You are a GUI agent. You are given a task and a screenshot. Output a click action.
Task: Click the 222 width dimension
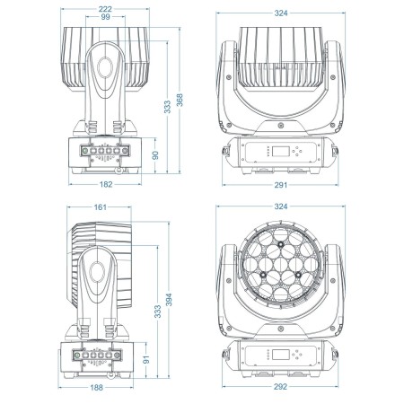click(105, 9)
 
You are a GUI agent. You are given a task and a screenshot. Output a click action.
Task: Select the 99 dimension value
click(105, 17)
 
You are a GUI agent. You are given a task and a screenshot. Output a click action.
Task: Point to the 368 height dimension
click(180, 100)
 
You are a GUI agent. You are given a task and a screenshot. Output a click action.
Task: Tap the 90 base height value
click(155, 155)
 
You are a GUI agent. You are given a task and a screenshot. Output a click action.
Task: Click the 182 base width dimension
click(106, 184)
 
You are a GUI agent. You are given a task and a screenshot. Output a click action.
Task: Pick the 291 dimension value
click(281, 185)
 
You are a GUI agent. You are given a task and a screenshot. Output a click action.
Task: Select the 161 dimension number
click(100, 207)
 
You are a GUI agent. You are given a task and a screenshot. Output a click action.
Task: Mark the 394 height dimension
click(169, 300)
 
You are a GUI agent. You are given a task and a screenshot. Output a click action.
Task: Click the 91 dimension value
click(146, 359)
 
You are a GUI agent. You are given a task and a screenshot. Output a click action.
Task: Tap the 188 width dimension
click(96, 388)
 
